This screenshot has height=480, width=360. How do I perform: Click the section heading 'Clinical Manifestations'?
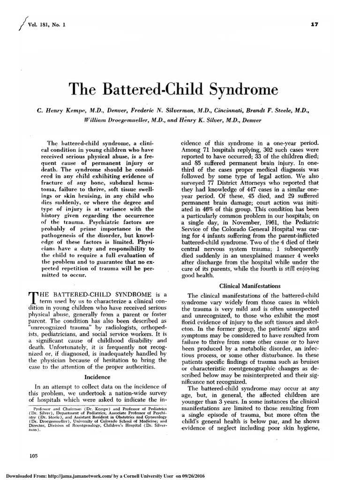click(254, 285)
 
